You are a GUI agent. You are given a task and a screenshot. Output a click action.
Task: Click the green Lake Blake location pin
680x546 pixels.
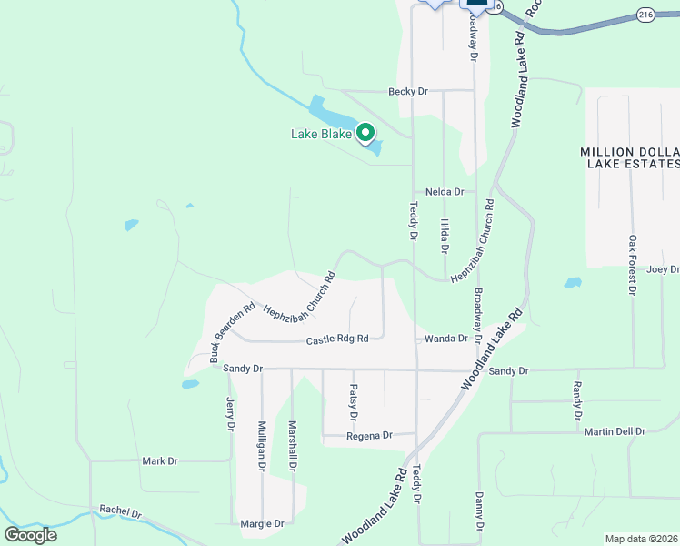[x=365, y=134]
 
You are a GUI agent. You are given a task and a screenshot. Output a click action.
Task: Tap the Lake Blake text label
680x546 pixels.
[x=319, y=135]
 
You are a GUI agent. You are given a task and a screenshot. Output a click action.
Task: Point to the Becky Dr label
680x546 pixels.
[x=407, y=91]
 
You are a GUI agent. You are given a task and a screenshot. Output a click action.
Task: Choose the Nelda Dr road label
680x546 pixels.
[x=445, y=192]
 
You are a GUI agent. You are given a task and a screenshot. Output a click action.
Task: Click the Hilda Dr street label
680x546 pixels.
[x=445, y=236]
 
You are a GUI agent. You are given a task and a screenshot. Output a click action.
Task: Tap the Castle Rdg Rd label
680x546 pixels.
[x=337, y=339]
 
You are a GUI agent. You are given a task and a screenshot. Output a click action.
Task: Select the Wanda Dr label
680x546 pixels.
[x=445, y=339]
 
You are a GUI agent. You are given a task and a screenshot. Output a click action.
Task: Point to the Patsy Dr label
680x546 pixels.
[x=354, y=401]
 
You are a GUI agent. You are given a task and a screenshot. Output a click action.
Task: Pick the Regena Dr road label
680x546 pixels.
[x=369, y=436]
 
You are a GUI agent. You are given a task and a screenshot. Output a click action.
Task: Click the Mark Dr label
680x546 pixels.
[x=160, y=461]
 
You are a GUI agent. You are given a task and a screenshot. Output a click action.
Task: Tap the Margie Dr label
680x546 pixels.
[x=262, y=524]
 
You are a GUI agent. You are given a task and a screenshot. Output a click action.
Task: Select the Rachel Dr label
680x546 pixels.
[x=121, y=512]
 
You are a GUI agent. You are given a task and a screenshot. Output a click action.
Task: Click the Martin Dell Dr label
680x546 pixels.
[x=615, y=431]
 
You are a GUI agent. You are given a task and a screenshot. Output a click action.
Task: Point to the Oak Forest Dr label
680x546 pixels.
[x=633, y=265]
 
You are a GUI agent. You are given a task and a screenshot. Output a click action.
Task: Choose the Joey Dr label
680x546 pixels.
[x=663, y=269]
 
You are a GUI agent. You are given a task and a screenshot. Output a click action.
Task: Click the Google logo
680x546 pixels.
[x=30, y=534]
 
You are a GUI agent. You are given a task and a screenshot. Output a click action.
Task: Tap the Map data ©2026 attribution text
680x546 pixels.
[x=640, y=539]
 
